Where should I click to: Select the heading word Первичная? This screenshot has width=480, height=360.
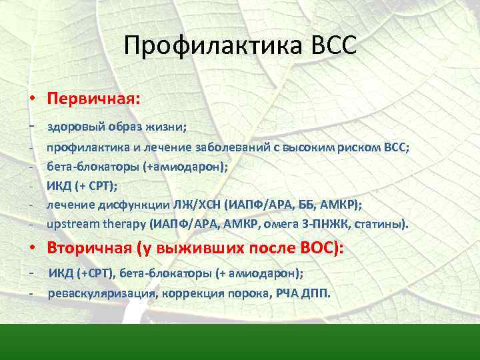(x=93, y=99)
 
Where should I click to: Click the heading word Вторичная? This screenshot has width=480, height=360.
(x=89, y=248)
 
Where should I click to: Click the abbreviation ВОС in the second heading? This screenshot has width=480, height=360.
(x=319, y=248)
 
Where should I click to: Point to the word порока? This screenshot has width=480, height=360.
(x=248, y=294)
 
